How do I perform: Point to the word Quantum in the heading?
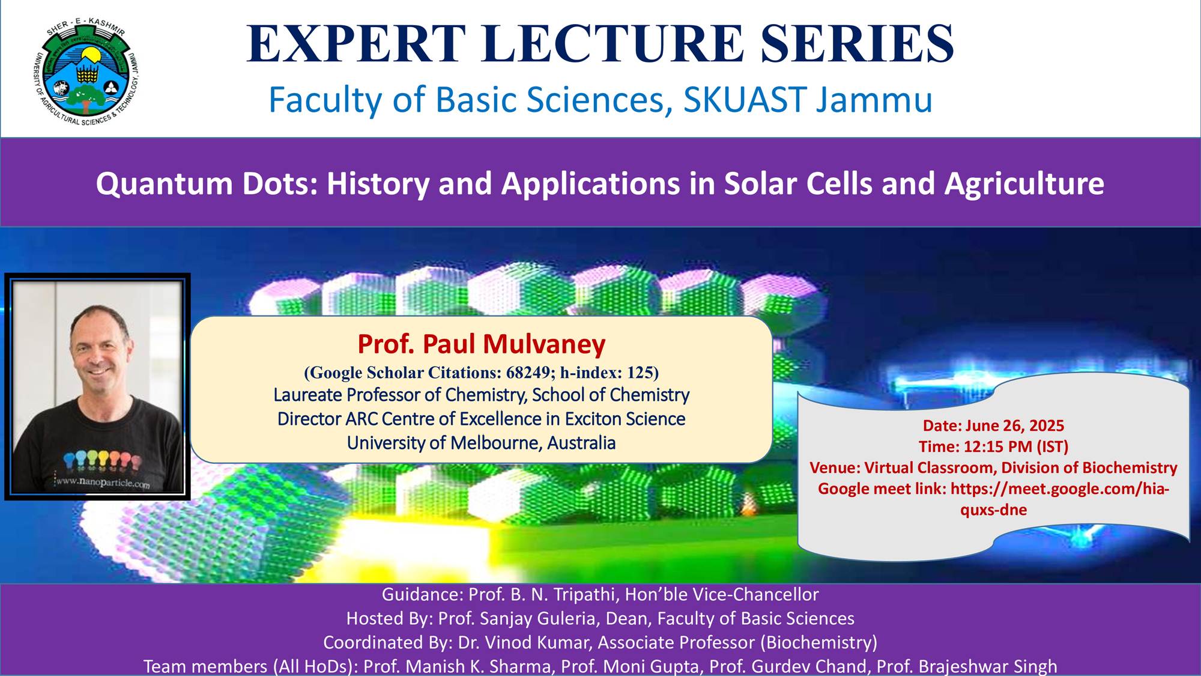click(x=164, y=183)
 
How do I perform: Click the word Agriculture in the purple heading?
click(x=1024, y=184)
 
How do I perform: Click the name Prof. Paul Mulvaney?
click(x=482, y=344)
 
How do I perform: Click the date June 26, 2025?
click(x=1014, y=425)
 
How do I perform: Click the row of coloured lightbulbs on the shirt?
click(x=102, y=460)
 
